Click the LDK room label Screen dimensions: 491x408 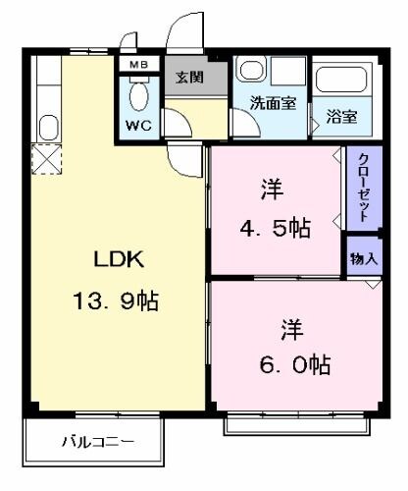[119, 260]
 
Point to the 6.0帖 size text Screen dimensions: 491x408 [294, 364]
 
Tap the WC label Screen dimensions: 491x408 [138, 126]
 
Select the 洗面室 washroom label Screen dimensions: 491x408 [272, 103]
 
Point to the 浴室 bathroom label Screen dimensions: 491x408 [342, 115]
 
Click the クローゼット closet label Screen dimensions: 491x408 [363, 189]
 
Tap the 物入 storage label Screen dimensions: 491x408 [363, 259]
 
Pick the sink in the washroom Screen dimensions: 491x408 [252, 73]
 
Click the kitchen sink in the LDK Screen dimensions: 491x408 [46, 126]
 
